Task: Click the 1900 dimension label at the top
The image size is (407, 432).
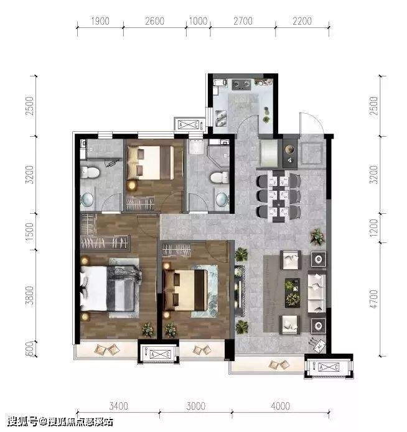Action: pyautogui.click(x=100, y=21)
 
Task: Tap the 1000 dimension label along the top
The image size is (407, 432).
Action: pyautogui.click(x=198, y=21)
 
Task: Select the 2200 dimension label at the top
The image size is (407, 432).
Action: pyautogui.click(x=302, y=21)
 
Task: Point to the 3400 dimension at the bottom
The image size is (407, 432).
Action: pyautogui.click(x=119, y=406)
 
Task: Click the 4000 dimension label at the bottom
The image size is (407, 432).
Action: pyautogui.click(x=280, y=406)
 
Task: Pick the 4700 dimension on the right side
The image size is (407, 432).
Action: pyautogui.click(x=373, y=299)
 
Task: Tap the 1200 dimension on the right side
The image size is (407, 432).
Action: pyautogui.click(x=373, y=227)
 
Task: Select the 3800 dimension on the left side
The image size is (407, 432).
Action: pyautogui.click(x=29, y=295)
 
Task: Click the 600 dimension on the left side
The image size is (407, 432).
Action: pyautogui.click(x=29, y=349)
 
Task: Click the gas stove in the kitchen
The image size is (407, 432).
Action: pyautogui.click(x=241, y=85)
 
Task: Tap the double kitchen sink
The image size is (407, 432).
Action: pyautogui.click(x=221, y=118)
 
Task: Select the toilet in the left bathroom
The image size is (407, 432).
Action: pyautogui.click(x=90, y=172)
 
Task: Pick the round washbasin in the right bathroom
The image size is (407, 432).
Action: pyautogui.click(x=222, y=199)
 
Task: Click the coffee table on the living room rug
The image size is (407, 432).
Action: pyautogui.click(x=292, y=293)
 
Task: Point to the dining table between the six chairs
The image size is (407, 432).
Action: pyautogui.click(x=279, y=196)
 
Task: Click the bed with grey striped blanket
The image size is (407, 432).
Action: pyautogui.click(x=110, y=288)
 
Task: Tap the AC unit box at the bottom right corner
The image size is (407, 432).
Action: pyautogui.click(x=329, y=367)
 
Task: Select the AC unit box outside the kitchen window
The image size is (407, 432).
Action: pyautogui.click(x=189, y=124)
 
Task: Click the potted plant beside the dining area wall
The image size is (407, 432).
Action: pyautogui.click(x=317, y=236)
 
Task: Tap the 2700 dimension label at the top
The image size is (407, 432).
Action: pyautogui.click(x=243, y=21)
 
